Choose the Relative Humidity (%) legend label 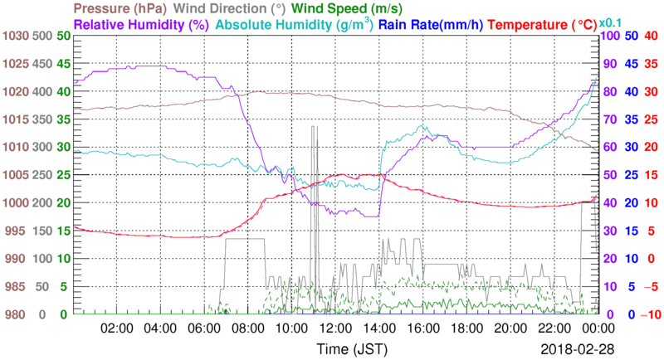coord(140,24)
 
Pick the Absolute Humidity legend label coord(295,24)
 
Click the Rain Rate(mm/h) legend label coord(431,24)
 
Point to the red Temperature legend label coord(539,24)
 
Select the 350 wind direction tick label coord(40,119)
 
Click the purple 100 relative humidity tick coord(609,36)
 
